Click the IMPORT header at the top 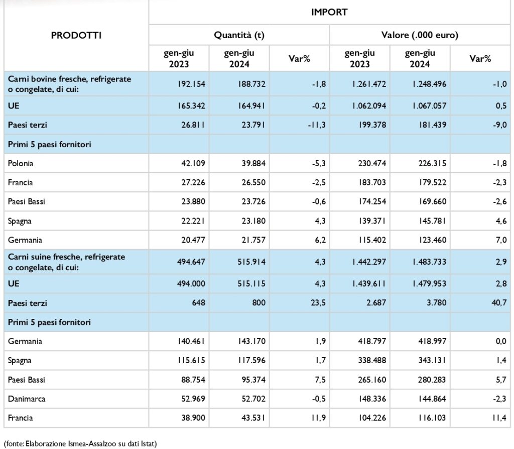[x=329, y=12]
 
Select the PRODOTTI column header [x=76, y=36]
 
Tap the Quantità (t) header [x=239, y=35]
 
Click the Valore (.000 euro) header [x=420, y=35]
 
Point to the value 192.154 [x=191, y=84]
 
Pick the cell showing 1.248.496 [x=429, y=84]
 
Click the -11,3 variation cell [x=317, y=125]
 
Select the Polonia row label [x=20, y=163]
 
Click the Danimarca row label [x=27, y=399]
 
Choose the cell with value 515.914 [x=251, y=262]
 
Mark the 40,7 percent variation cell [x=499, y=302]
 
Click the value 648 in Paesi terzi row [x=198, y=302]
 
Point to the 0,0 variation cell [x=501, y=341]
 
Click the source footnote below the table [x=80, y=444]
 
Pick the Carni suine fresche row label [x=67, y=262]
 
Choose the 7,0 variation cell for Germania [x=501, y=240]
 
